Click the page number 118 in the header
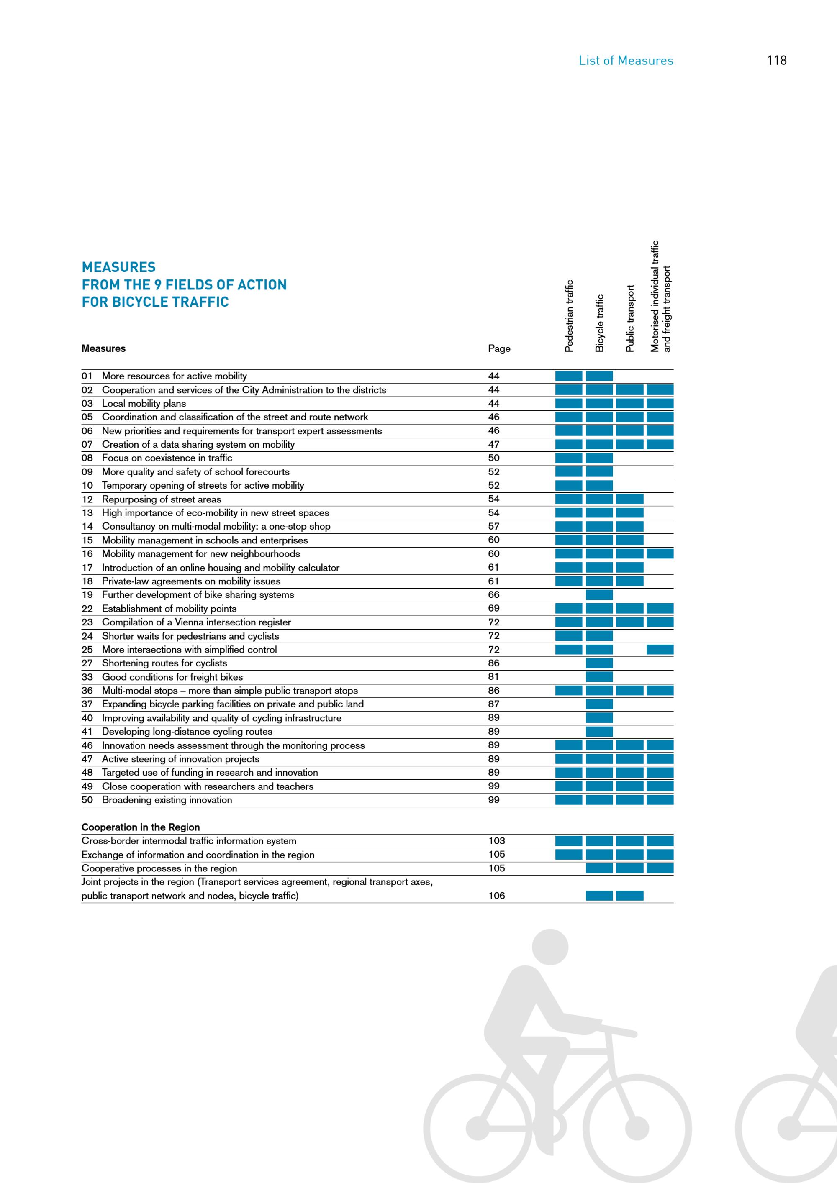point(776,60)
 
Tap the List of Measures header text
point(626,60)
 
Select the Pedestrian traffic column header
point(569,316)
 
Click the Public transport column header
point(630,318)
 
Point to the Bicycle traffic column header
point(599,323)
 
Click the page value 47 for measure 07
point(494,444)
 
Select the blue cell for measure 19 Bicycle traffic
point(599,594)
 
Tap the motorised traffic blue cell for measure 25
point(660,650)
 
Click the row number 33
point(87,677)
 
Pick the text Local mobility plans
point(144,403)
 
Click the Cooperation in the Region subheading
point(141,827)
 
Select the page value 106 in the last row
point(497,896)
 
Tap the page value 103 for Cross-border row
point(497,841)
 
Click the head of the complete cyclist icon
point(550,947)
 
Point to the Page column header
point(499,349)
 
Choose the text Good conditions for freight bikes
point(172,677)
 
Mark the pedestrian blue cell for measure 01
point(569,376)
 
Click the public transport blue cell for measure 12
point(630,499)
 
